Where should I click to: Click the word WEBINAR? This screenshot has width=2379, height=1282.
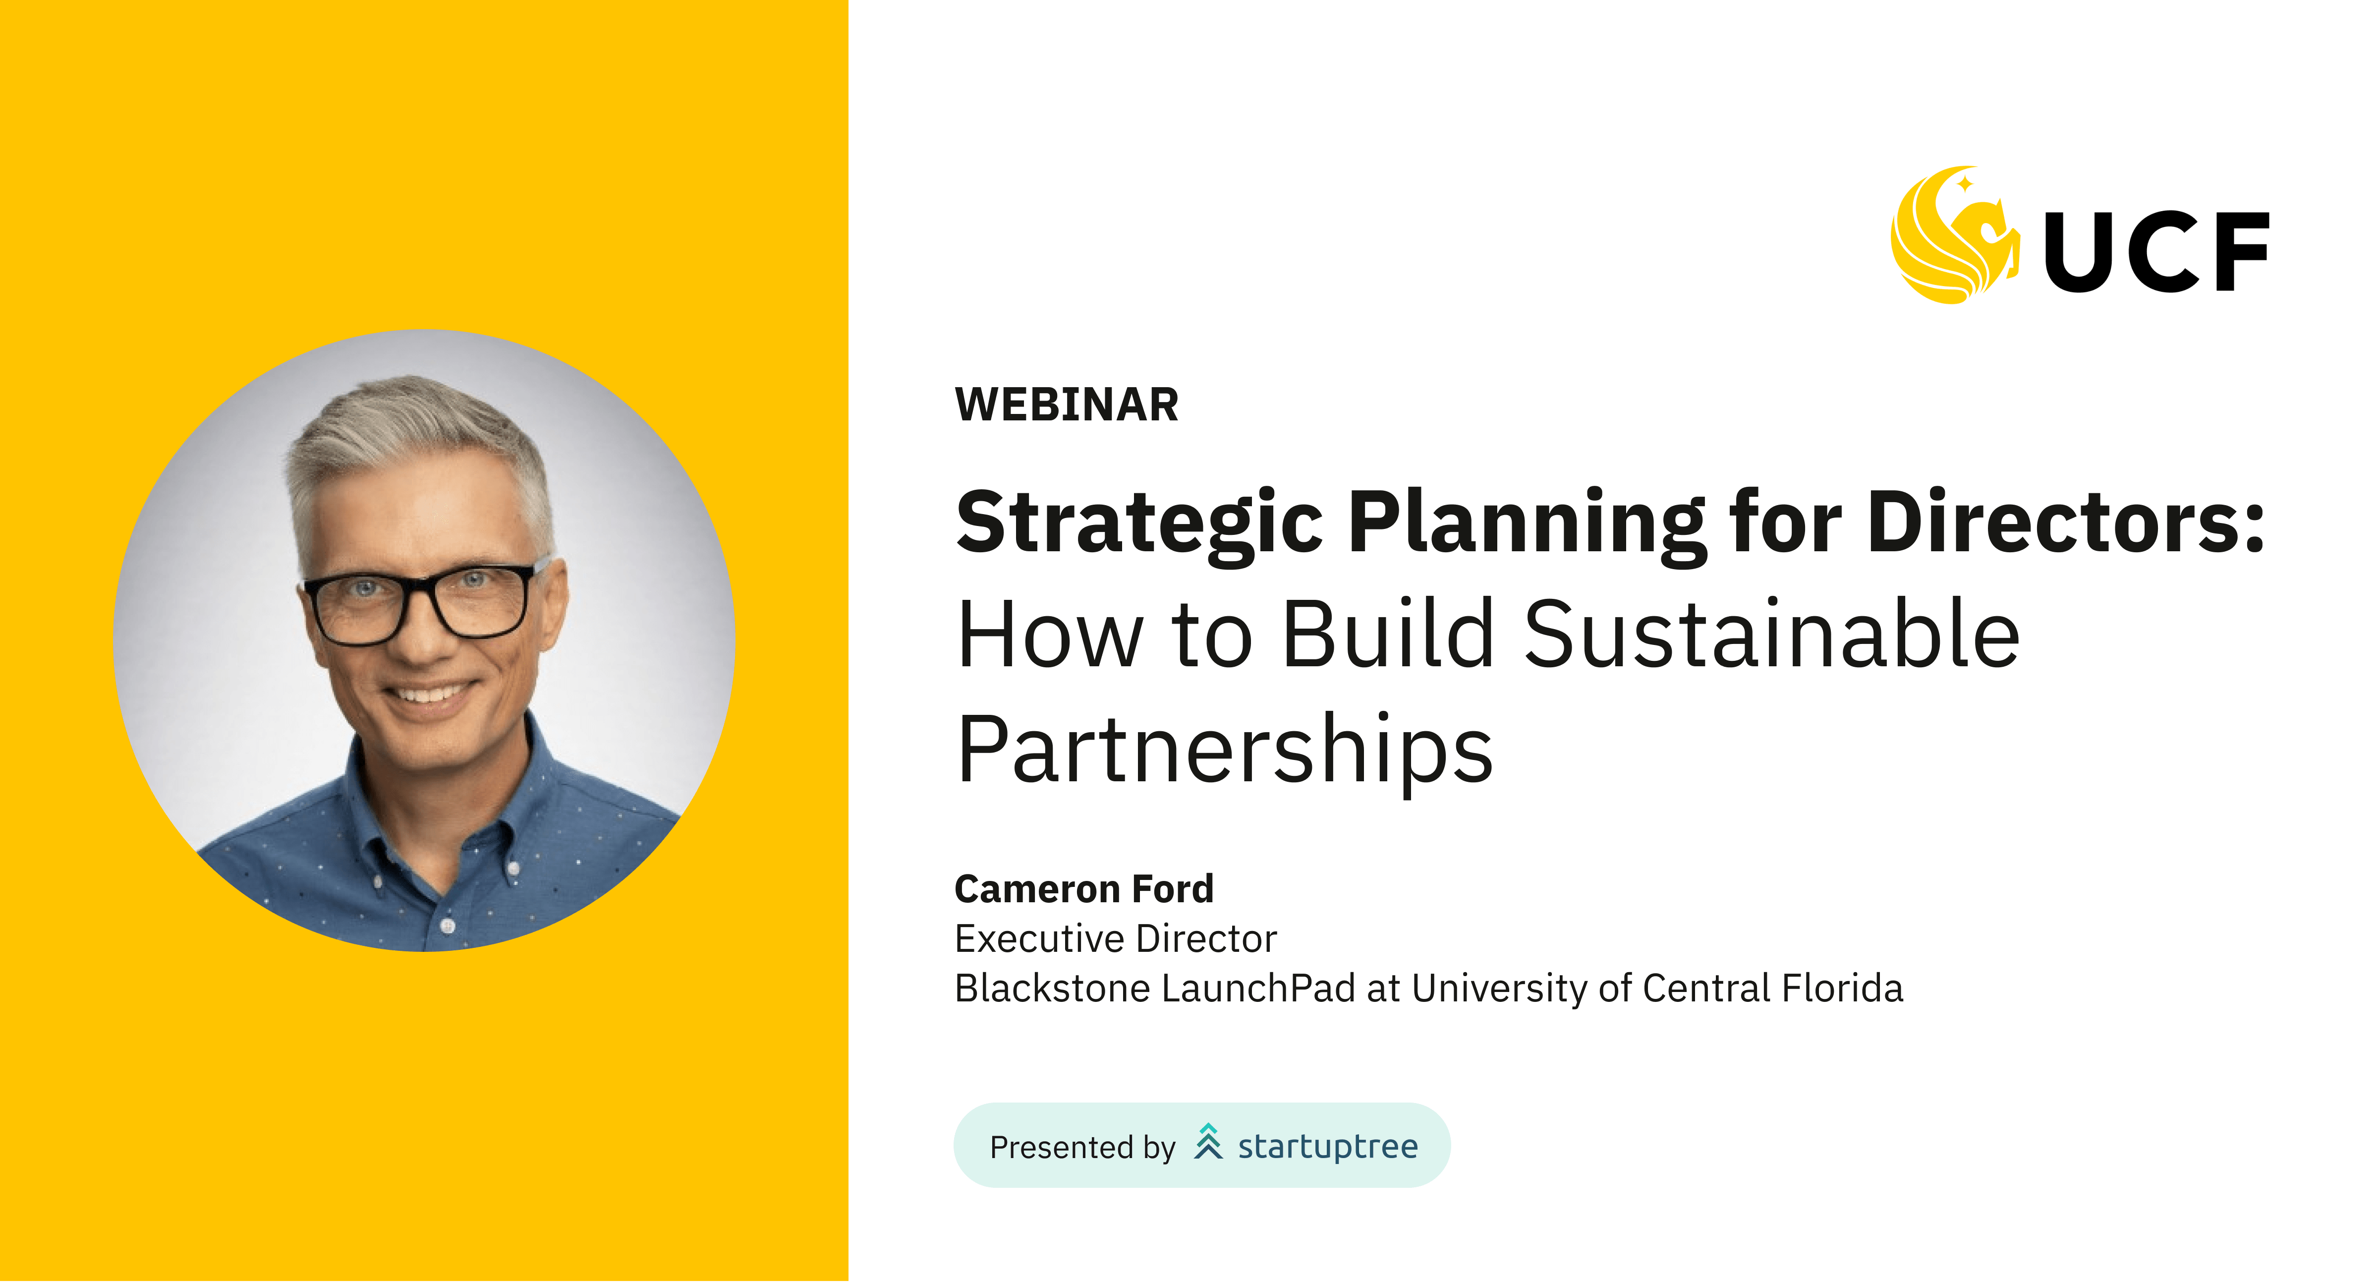(x=1067, y=405)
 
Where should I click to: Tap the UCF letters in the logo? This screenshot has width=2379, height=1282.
(x=2156, y=251)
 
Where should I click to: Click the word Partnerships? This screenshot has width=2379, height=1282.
(x=1225, y=750)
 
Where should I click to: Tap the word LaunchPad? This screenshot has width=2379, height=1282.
(x=1258, y=989)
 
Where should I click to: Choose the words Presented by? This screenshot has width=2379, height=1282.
(x=1082, y=1147)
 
